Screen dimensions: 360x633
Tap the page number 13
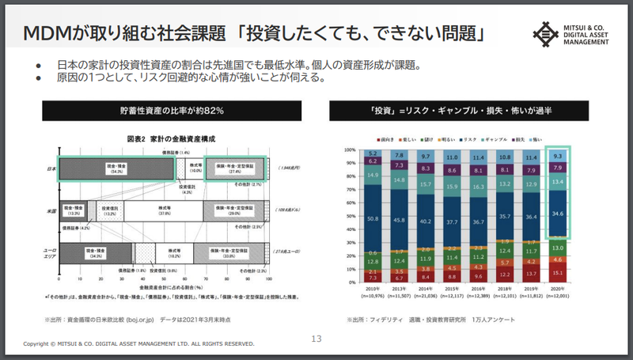pos(316,339)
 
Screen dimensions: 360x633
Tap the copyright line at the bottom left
pos(138,344)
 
